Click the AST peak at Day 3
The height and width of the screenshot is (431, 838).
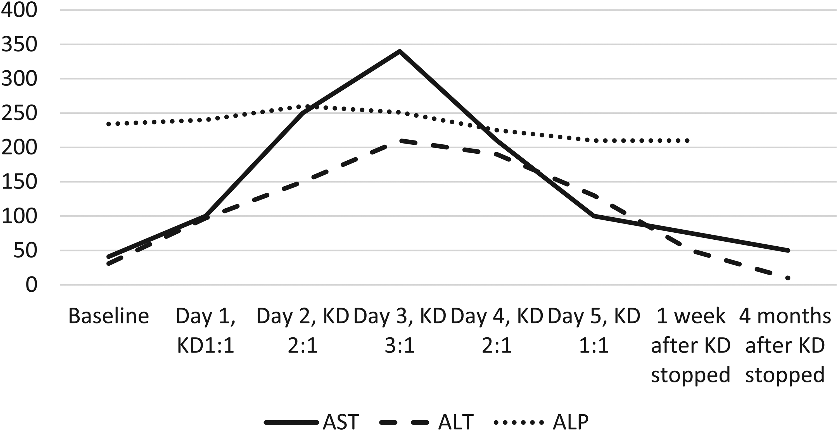click(400, 51)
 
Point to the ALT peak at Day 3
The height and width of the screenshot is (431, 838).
click(400, 141)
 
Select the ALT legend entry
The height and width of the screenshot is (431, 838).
click(426, 422)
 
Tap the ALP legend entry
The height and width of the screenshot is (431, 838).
click(541, 422)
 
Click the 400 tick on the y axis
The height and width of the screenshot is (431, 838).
click(19, 10)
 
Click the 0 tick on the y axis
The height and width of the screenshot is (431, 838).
click(31, 285)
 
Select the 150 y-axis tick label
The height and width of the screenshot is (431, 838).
click(19, 182)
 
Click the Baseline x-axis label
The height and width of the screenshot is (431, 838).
click(109, 316)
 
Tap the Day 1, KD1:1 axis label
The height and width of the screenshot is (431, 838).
click(206, 330)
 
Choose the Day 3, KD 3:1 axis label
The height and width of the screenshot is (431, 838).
click(400, 330)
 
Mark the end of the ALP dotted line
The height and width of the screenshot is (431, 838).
click(687, 141)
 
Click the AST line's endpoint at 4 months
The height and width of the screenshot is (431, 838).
click(788, 251)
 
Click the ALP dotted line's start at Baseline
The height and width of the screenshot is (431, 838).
click(109, 124)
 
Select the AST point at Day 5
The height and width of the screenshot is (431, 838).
click(594, 216)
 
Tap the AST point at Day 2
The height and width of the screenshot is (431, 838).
click(303, 113)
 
